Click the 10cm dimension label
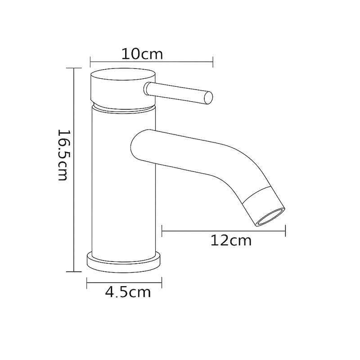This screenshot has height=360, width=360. click(x=142, y=54)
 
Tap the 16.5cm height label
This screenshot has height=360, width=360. click(x=63, y=155)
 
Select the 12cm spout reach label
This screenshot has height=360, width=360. click(x=231, y=241)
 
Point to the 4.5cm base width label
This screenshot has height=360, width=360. click(x=128, y=292)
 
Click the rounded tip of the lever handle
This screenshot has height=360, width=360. click(x=208, y=98)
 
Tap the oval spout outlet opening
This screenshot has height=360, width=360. click(x=270, y=217)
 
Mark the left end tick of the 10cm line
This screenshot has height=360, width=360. click(x=90, y=62)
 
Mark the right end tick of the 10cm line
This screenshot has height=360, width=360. click(x=213, y=62)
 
